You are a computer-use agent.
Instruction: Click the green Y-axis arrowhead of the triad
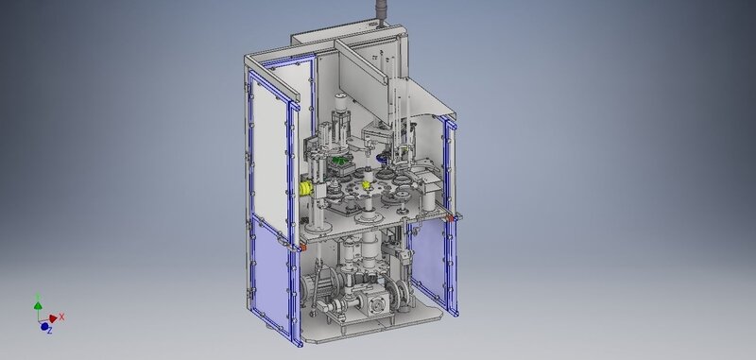[x=38, y=305]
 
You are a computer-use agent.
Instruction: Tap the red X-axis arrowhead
[x=53, y=318]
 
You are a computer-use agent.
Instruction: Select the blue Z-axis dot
[x=44, y=327]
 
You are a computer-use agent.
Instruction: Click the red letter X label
[x=61, y=317]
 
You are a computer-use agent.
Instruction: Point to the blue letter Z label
[x=50, y=331]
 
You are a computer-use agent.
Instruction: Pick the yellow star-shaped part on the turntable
[x=366, y=184]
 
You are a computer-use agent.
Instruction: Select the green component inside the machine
[x=340, y=161]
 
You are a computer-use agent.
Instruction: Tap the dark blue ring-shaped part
[x=384, y=157]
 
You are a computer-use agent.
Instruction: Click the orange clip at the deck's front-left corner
[x=302, y=248]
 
